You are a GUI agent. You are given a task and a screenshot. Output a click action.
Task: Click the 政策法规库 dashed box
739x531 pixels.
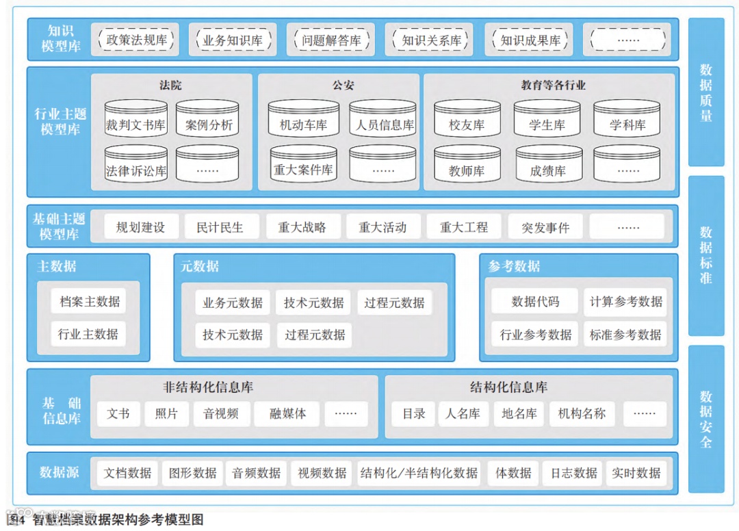[x=137, y=40]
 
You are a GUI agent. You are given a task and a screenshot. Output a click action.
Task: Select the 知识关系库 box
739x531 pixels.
[x=432, y=40]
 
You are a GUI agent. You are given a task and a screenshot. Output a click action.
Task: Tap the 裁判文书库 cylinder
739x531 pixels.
[x=135, y=120]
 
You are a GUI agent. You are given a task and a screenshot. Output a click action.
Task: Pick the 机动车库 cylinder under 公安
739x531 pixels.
[x=303, y=120]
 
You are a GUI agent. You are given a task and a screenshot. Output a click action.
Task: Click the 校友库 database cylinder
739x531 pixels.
[x=467, y=120]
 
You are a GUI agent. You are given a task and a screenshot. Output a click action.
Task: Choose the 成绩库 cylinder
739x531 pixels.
[x=547, y=166]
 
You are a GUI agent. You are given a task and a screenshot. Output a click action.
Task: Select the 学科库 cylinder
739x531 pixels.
[x=627, y=120]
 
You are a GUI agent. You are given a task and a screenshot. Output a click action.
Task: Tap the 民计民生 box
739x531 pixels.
[x=220, y=227]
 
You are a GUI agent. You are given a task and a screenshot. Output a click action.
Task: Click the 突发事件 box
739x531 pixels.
[x=545, y=227]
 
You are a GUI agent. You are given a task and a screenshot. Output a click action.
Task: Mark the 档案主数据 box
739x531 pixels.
[x=88, y=301]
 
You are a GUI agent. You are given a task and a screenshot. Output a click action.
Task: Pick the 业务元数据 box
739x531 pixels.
[x=232, y=302]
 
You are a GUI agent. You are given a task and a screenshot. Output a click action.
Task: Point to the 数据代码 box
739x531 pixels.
[x=535, y=301]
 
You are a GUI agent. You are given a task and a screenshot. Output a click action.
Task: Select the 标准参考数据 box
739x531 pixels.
[x=625, y=335]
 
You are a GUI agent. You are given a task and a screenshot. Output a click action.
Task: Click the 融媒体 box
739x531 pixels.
[x=287, y=413]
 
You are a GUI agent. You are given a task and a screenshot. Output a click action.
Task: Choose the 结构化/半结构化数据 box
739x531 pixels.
[x=419, y=473]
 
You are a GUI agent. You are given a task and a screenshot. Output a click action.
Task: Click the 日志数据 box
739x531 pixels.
[x=574, y=473]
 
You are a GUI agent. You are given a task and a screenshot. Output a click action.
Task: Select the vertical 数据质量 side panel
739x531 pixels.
[x=705, y=92]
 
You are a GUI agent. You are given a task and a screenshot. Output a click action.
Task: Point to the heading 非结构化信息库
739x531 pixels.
[x=209, y=387]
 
